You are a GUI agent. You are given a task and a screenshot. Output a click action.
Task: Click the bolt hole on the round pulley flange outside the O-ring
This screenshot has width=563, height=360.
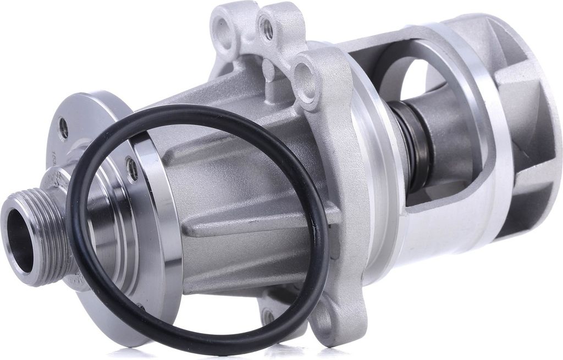pyautogui.click(x=64, y=128)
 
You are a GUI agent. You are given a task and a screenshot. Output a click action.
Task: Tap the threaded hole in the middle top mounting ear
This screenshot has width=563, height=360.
pyautogui.click(x=267, y=29)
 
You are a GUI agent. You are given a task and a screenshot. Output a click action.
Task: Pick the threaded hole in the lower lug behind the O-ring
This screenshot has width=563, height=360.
pyautogui.click(x=268, y=316)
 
